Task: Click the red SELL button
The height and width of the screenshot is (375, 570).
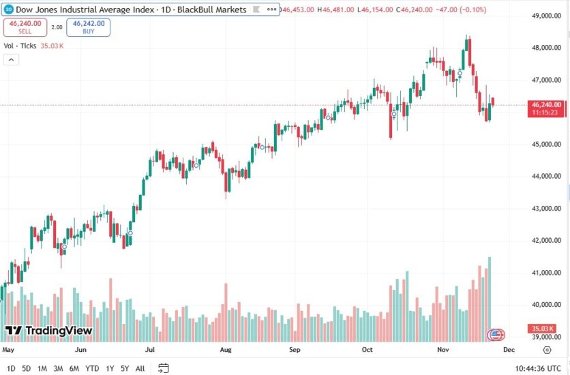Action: point(25,27)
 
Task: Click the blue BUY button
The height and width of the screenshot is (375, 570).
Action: point(89,27)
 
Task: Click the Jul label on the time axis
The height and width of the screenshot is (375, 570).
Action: point(151,350)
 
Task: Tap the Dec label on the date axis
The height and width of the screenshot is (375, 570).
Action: point(508,350)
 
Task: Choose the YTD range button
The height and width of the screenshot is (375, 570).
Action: point(92,368)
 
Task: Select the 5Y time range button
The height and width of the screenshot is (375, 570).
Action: point(125,368)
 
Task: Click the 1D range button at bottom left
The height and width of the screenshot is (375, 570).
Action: point(10,368)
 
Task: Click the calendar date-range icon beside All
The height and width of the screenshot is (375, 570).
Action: point(164,368)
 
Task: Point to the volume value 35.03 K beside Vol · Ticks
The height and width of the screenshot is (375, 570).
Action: point(52,46)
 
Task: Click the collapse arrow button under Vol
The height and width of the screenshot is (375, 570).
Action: point(11,59)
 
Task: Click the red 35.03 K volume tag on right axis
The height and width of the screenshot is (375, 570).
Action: point(544,329)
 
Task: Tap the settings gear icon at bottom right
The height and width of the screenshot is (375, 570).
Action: point(547,350)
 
